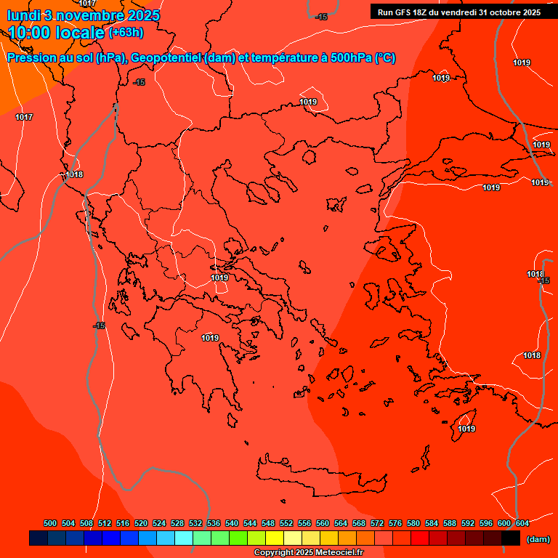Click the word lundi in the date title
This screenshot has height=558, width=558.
(x=23, y=15)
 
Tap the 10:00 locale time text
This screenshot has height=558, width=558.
(x=56, y=33)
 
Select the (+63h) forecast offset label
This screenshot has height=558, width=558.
(x=126, y=33)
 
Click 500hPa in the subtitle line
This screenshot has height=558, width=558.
(x=351, y=58)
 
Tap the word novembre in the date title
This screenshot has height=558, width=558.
(x=92, y=15)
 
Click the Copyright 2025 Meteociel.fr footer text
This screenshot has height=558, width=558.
(x=309, y=553)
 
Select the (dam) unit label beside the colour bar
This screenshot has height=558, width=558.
(x=538, y=539)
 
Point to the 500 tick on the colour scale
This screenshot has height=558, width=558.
(x=50, y=523)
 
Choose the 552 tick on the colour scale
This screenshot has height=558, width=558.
(x=287, y=523)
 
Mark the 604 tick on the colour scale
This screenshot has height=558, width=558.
(x=522, y=523)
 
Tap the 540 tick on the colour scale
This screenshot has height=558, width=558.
(x=232, y=523)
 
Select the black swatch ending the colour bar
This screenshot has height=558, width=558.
(x=511, y=538)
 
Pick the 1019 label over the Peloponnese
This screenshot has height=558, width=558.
(x=210, y=338)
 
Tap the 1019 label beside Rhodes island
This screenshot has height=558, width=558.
(x=466, y=429)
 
